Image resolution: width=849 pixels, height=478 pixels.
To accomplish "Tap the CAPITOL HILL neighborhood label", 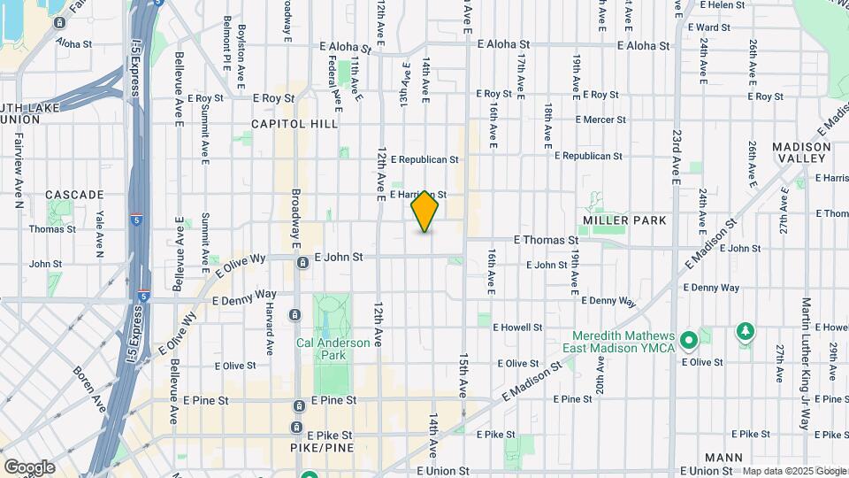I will (294, 124).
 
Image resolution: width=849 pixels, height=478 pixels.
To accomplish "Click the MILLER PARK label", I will (624, 220).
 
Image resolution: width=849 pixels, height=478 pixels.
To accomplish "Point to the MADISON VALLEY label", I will (801, 152).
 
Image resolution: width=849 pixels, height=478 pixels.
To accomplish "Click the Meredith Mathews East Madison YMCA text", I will (623, 342).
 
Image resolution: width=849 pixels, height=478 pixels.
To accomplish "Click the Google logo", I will (29, 467).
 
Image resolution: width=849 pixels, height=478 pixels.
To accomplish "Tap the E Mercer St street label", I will (600, 119).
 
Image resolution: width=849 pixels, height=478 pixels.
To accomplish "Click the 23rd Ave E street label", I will (676, 158).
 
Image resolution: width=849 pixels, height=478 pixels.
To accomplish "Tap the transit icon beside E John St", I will (302, 262).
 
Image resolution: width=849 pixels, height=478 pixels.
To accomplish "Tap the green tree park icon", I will (746, 332).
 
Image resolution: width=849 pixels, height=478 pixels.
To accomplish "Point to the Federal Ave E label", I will (333, 78).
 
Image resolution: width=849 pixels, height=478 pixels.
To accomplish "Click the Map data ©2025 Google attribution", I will (793, 471).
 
